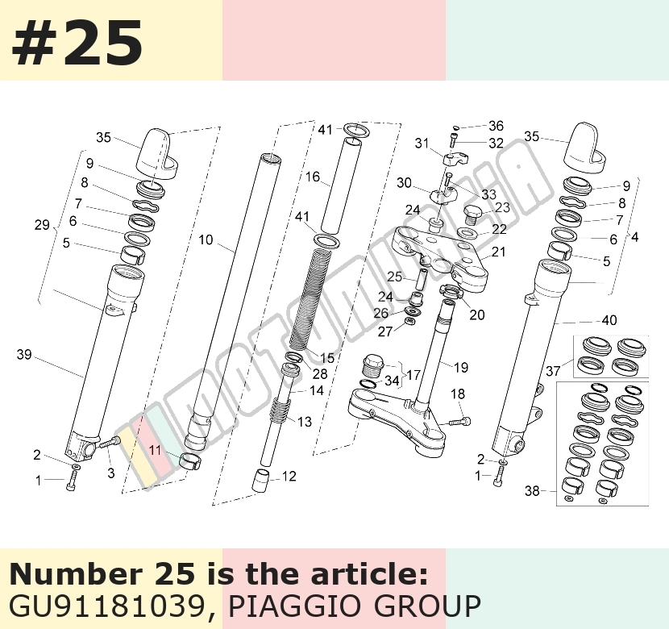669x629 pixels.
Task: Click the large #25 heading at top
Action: pos(77,43)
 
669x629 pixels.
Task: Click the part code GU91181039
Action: pos(107,606)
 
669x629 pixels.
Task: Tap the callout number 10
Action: pos(206,240)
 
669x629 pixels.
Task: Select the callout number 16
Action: pos(313,177)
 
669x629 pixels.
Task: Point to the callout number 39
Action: pos(24,354)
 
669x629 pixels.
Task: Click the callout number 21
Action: pos(498,252)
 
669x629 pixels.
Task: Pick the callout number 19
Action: pos(461,367)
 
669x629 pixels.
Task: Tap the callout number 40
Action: pos(609,320)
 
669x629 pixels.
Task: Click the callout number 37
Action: pos(553,371)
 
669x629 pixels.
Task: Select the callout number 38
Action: pos(532,491)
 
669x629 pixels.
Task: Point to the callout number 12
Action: pos(289,477)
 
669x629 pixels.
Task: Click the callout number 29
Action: pos(42,225)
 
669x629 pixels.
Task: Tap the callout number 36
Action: pos(496,126)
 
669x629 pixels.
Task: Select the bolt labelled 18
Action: pos(459,423)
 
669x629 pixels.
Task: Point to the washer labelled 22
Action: pos(467,233)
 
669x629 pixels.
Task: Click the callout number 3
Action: pos(111,473)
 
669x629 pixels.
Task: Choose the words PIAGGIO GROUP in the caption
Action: pos(355,606)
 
